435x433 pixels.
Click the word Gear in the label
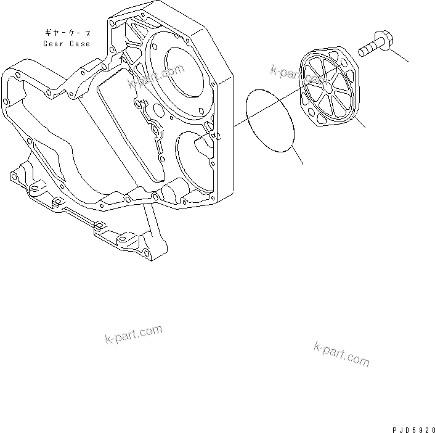click(54, 44)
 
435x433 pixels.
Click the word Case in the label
click(79, 44)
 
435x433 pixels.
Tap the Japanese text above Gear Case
click(67, 31)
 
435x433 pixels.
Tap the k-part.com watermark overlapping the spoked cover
click(297, 75)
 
